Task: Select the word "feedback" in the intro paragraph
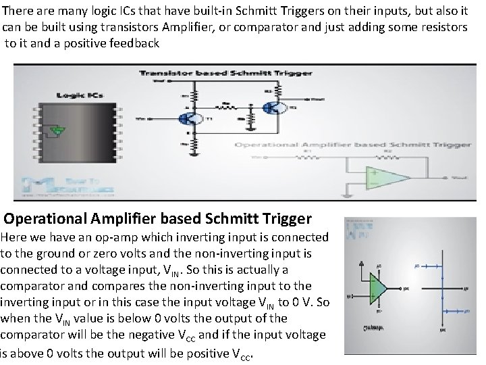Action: tap(134, 43)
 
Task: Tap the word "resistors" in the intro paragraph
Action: tap(441, 27)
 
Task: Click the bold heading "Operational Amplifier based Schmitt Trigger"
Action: tap(158, 219)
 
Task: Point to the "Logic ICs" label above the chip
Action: tap(75, 96)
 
